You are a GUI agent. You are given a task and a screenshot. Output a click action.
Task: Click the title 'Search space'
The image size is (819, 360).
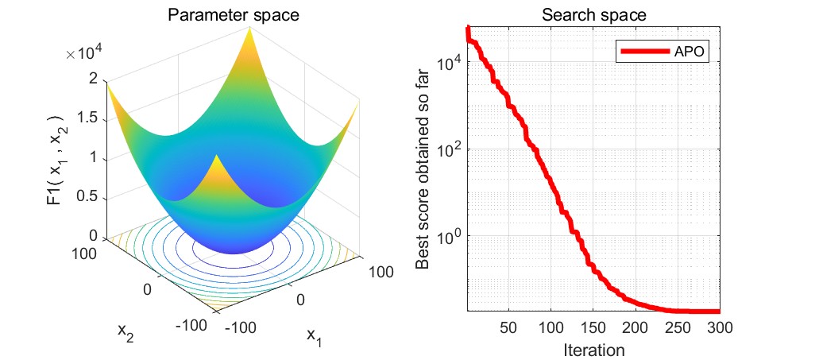click(594, 14)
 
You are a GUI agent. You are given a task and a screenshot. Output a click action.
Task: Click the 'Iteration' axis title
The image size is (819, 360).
click(593, 348)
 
